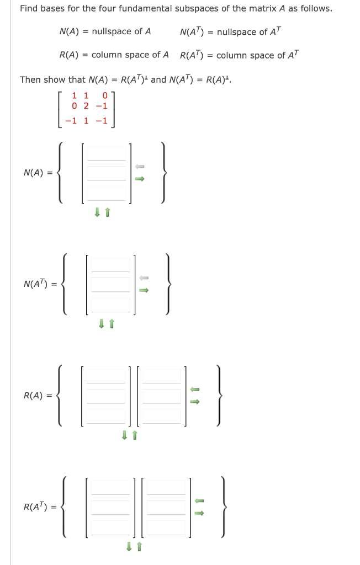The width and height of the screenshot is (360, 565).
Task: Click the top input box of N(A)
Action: pyautogui.click(x=107, y=153)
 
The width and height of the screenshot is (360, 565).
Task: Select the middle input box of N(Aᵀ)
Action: pyautogui.click(x=111, y=285)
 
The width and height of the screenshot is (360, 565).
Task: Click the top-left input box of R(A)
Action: pyautogui.click(x=105, y=375)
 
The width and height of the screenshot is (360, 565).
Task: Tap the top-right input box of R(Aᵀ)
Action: pyautogui.click(x=166, y=487)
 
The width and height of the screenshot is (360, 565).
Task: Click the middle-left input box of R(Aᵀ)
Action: pyautogui.click(x=110, y=507)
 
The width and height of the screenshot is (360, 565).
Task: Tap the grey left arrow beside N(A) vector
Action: pyautogui.click(x=140, y=166)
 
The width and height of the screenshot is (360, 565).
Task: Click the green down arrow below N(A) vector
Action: pyautogui.click(x=97, y=212)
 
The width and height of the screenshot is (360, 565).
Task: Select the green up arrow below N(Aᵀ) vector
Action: pyautogui.click(x=112, y=325)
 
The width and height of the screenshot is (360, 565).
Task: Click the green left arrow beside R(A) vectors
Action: pyautogui.click(x=194, y=389)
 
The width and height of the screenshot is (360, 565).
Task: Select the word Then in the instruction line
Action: pyautogui.click(x=30, y=79)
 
